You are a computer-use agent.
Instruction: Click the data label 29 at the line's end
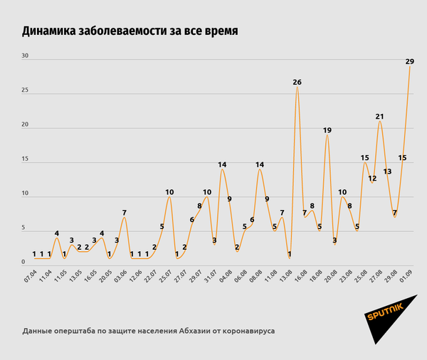pos(410,62)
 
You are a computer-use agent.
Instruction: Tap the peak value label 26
pos(297,83)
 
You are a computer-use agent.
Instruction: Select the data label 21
pos(380,117)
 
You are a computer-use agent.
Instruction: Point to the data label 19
pos(327,130)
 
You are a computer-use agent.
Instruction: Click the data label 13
pos(387,171)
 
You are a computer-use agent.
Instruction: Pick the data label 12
pos(372,178)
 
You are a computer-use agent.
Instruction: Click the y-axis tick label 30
pos(26,55)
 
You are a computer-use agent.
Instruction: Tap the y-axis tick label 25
pos(26,90)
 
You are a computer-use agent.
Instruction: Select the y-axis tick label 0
pos(24,263)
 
